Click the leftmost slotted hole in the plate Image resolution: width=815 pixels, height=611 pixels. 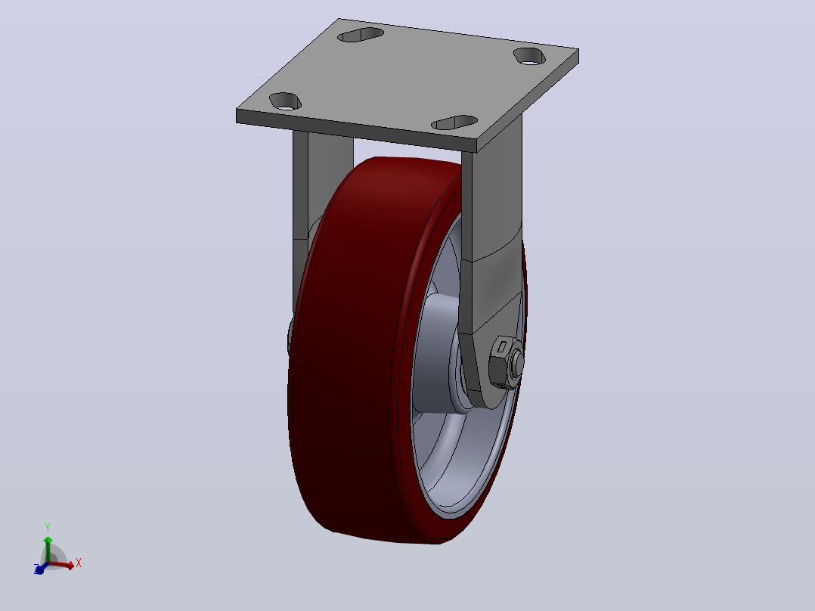(x=285, y=101)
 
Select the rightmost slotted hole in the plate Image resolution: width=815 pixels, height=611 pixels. (x=530, y=56)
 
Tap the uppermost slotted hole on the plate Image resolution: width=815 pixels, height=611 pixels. (x=361, y=35)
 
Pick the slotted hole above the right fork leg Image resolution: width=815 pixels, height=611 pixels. (x=455, y=123)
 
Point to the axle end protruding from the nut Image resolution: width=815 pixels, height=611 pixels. (x=517, y=362)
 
